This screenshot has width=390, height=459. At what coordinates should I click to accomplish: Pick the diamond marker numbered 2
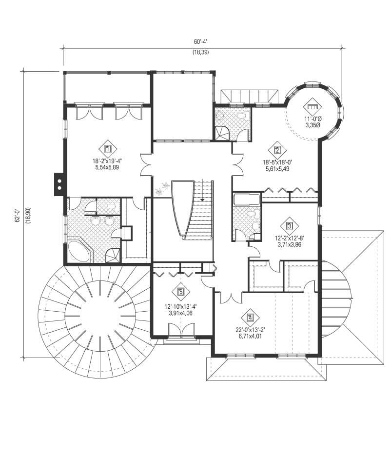click(277, 150)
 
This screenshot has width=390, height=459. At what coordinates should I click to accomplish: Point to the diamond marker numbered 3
click(289, 226)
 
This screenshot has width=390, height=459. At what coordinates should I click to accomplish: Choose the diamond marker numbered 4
click(250, 318)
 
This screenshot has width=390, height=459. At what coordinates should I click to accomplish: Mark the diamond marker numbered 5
click(181, 292)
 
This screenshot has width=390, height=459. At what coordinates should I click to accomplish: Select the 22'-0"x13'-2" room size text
click(250, 329)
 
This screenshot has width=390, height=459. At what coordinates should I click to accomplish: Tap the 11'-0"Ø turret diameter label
click(312, 119)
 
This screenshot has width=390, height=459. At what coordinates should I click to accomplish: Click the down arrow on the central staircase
click(202, 197)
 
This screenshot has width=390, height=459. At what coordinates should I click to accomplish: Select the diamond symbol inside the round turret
click(312, 106)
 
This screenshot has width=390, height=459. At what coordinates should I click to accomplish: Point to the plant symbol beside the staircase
click(162, 189)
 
